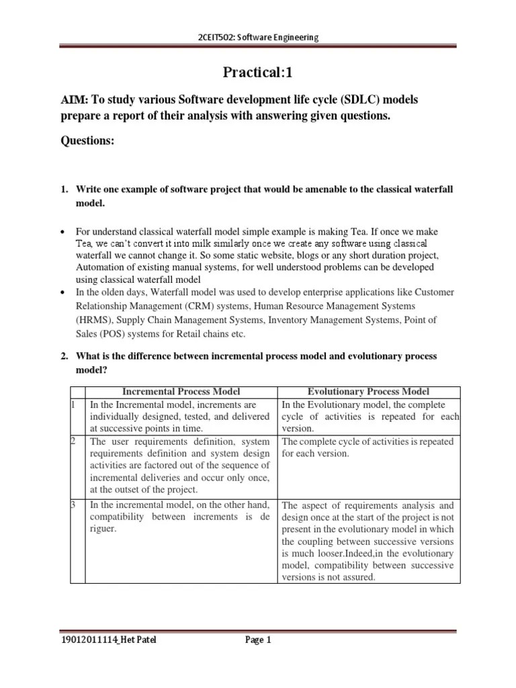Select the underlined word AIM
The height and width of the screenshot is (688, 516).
coord(74,100)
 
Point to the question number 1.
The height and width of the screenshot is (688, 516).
coord(64,190)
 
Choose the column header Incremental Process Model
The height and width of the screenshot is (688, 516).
coord(181,392)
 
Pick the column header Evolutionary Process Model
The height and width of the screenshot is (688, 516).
coord(368,392)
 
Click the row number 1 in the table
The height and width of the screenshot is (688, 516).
coord(72,404)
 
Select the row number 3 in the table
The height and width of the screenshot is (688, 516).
coord(72,505)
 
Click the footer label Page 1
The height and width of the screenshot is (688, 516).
coord(257,640)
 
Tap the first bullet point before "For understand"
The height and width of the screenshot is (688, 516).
coord(63,232)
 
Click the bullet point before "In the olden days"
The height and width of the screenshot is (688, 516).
coord(63,292)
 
